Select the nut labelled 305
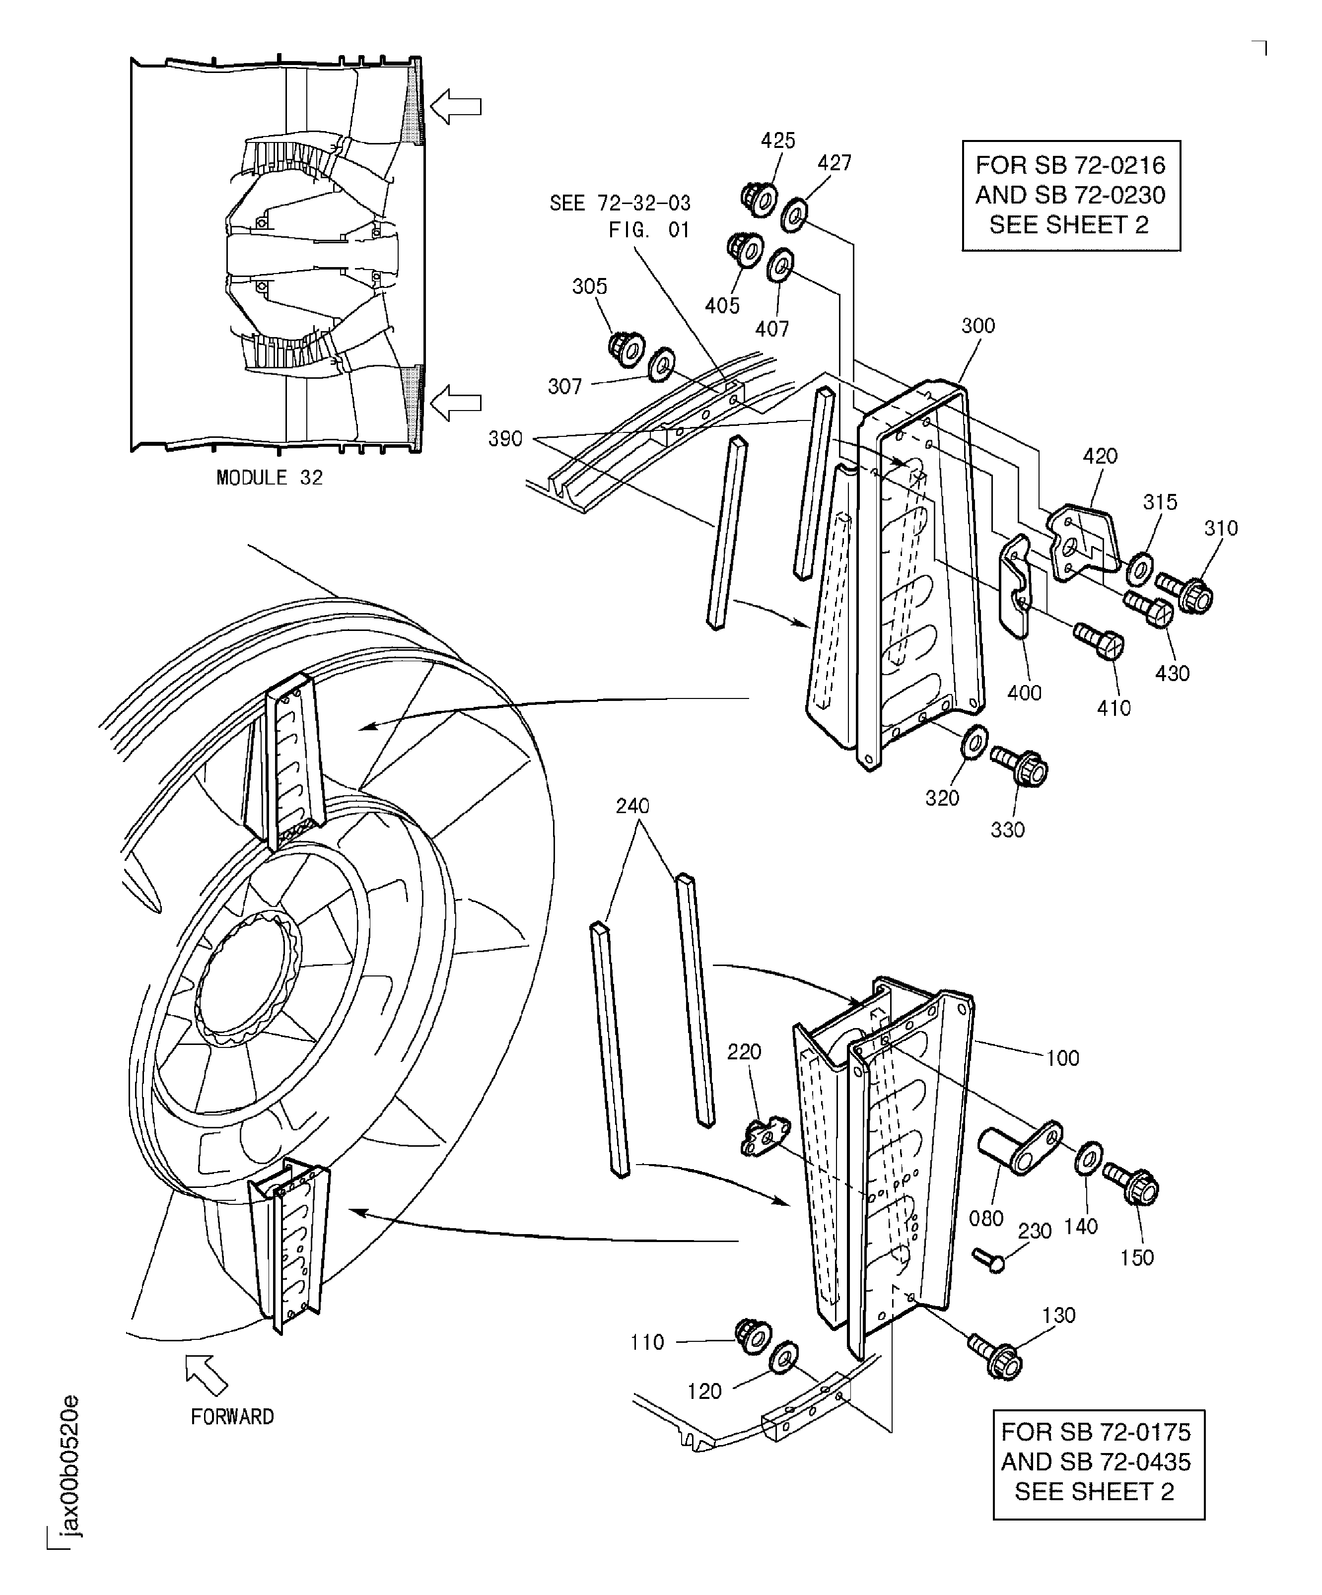(626, 348)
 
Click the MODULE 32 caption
(270, 478)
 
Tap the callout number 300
(977, 326)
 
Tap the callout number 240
(632, 806)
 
